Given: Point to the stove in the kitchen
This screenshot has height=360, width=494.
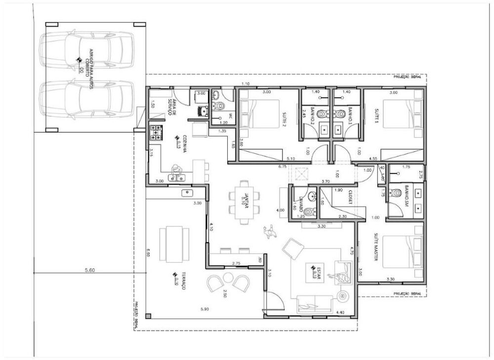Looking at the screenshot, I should [157, 132].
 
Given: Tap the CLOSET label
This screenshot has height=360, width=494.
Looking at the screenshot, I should [350, 196].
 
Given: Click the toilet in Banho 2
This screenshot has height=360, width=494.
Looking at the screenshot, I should [322, 114].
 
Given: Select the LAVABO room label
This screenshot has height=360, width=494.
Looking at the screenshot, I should [300, 202].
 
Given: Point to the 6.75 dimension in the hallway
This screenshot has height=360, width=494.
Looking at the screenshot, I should [283, 167].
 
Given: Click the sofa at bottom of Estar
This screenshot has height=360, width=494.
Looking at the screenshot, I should [315, 303].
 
